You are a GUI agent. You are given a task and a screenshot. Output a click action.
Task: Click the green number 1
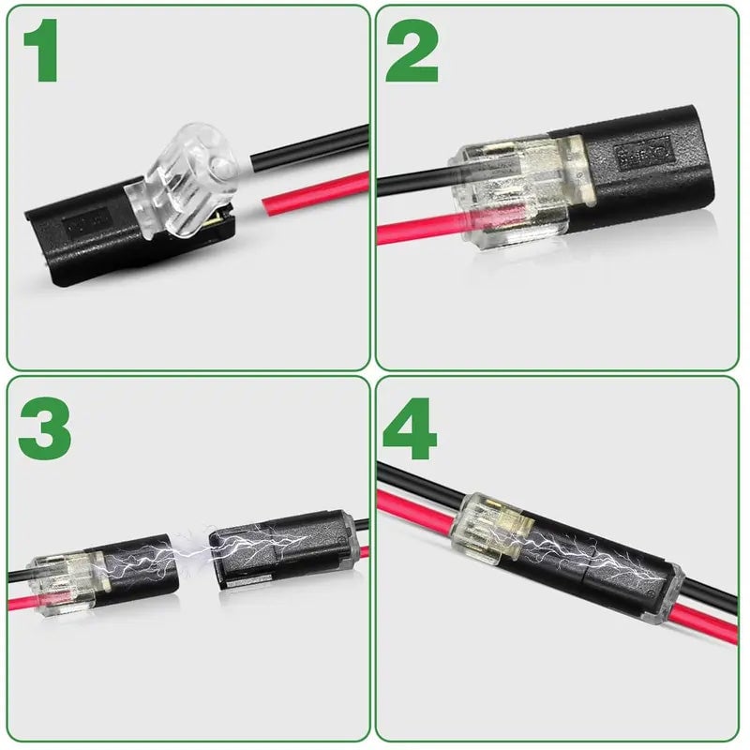pyautogui.click(x=42, y=52)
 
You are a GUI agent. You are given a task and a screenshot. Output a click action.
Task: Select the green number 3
pyautogui.click(x=43, y=427)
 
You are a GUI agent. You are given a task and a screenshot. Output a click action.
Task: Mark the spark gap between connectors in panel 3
pyautogui.click(x=194, y=558)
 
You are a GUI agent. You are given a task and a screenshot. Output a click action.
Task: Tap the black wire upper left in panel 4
pyautogui.click(x=412, y=478)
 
